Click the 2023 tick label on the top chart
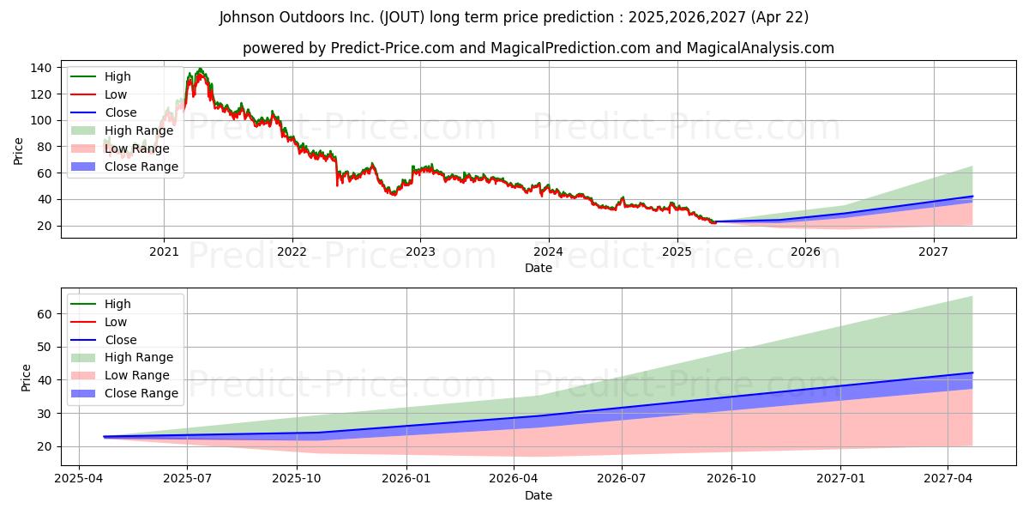(x=420, y=252)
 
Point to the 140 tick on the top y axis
(x=40, y=68)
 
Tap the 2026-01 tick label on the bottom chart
(x=406, y=479)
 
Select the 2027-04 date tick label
(x=948, y=479)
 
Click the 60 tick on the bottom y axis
(x=44, y=314)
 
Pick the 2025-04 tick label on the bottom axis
(x=79, y=479)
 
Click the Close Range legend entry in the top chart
(x=124, y=167)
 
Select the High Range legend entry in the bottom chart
(x=122, y=357)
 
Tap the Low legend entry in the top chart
(x=99, y=94)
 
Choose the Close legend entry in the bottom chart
(x=104, y=340)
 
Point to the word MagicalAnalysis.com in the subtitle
(x=761, y=48)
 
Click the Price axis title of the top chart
(x=18, y=151)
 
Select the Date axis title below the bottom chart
(x=539, y=495)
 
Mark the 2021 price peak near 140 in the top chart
(x=200, y=69)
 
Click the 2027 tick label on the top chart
(x=933, y=252)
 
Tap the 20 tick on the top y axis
(x=44, y=227)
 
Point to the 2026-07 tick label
(x=622, y=479)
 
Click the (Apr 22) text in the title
(x=779, y=17)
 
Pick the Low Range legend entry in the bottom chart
(x=120, y=375)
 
